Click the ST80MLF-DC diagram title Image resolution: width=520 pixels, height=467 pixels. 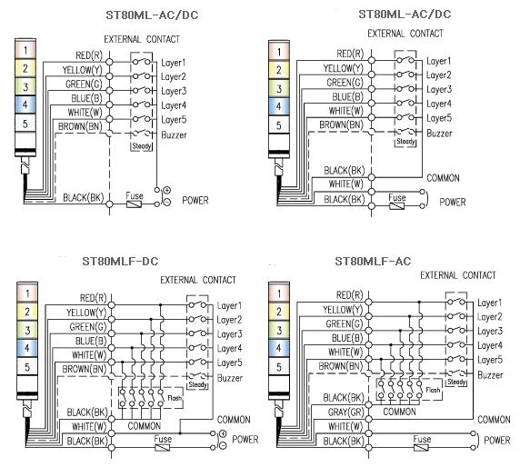click(120, 261)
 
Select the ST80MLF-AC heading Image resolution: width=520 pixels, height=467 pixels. click(373, 261)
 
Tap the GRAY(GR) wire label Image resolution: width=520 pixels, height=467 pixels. click(346, 412)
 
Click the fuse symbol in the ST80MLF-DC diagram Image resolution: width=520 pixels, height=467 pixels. click(163, 448)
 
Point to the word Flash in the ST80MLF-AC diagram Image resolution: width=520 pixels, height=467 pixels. click(433, 390)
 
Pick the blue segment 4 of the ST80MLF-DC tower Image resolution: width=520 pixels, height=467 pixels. click(27, 348)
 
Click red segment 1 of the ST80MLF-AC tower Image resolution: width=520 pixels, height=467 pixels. click(278, 293)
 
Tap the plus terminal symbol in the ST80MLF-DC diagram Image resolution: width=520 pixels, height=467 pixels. click(223, 433)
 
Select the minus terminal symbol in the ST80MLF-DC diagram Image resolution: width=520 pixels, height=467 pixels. click(223, 445)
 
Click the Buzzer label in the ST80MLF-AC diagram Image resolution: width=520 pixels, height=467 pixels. click(490, 375)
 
